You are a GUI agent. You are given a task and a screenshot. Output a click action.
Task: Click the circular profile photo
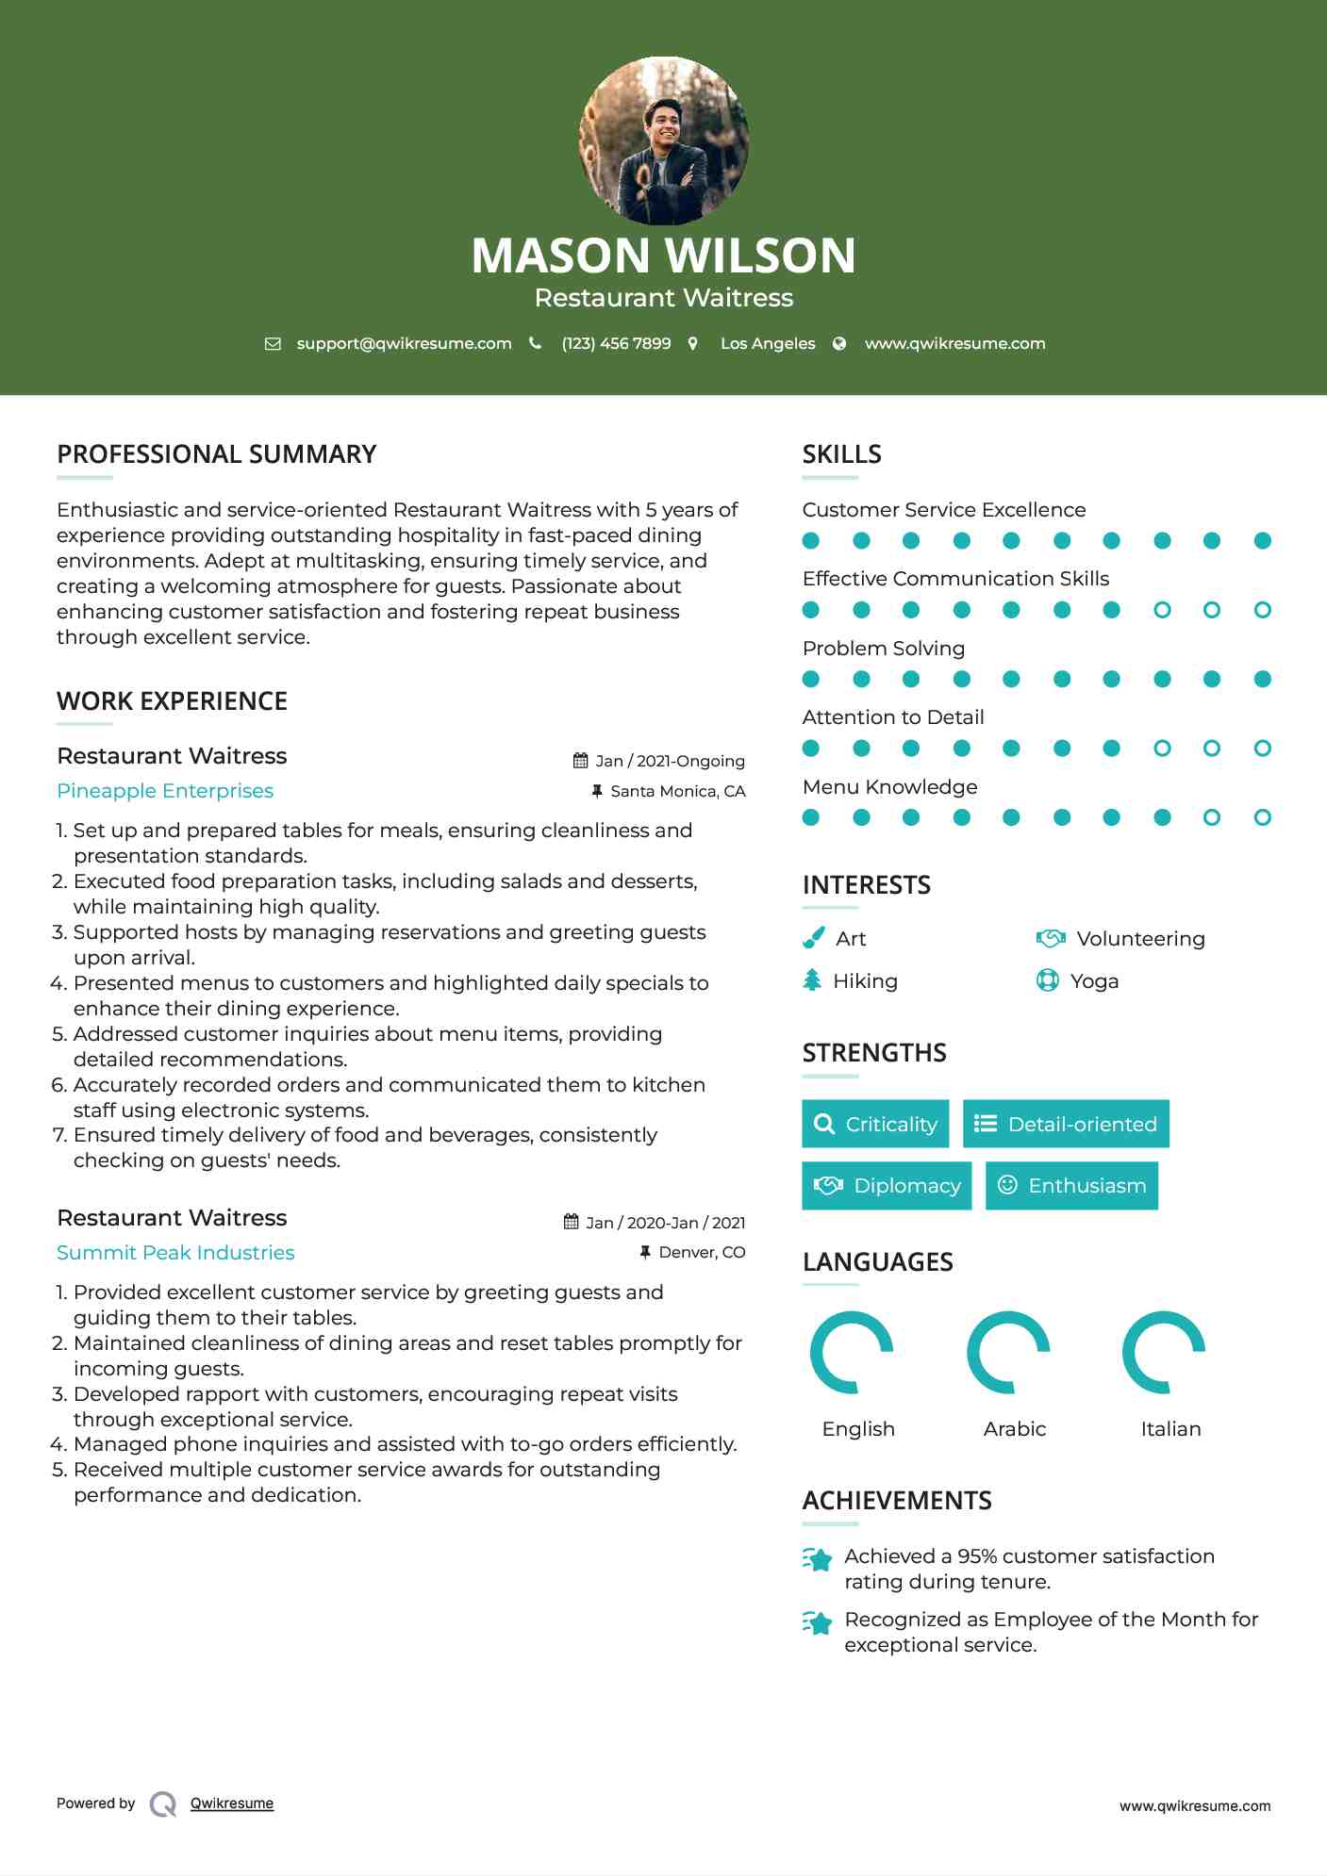point(663,141)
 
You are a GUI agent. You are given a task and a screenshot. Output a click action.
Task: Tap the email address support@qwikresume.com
point(404,344)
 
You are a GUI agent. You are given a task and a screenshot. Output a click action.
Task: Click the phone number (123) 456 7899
point(616,344)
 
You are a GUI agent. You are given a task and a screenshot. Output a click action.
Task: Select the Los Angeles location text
point(767,344)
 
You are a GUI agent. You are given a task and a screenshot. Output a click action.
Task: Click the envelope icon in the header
point(273,344)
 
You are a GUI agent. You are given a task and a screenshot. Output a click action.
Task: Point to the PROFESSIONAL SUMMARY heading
point(216,454)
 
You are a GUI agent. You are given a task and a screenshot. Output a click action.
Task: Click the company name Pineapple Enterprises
point(165,791)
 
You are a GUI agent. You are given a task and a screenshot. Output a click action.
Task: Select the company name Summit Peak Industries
point(175,1253)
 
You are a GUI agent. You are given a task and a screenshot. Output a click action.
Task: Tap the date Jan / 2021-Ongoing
point(670,761)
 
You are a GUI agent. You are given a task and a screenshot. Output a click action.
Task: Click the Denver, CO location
point(702,1252)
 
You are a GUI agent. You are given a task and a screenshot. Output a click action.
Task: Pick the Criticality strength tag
point(875,1124)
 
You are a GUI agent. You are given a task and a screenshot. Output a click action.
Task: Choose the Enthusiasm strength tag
point(1071,1186)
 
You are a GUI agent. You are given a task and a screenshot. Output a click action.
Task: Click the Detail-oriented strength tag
point(1066,1124)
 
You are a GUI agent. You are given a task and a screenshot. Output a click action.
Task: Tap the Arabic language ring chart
point(1008,1353)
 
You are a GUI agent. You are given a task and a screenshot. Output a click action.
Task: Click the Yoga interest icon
point(1047,980)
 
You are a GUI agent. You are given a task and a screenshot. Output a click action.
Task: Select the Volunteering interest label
point(1140,939)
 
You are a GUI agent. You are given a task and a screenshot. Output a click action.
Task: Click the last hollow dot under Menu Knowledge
point(1262,817)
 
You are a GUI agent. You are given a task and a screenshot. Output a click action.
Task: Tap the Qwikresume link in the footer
point(232,1803)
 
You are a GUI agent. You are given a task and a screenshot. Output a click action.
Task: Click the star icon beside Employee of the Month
point(818,1623)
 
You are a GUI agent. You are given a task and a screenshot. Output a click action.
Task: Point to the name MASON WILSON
point(663,255)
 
